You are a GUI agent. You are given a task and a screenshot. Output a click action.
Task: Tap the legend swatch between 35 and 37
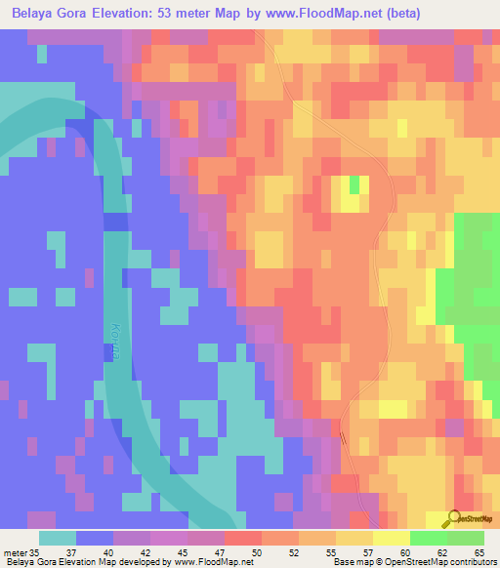click(58, 538)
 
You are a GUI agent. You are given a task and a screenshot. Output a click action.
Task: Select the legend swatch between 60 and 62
click(428, 538)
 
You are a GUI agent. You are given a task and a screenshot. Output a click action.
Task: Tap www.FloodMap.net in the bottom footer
click(209, 562)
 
